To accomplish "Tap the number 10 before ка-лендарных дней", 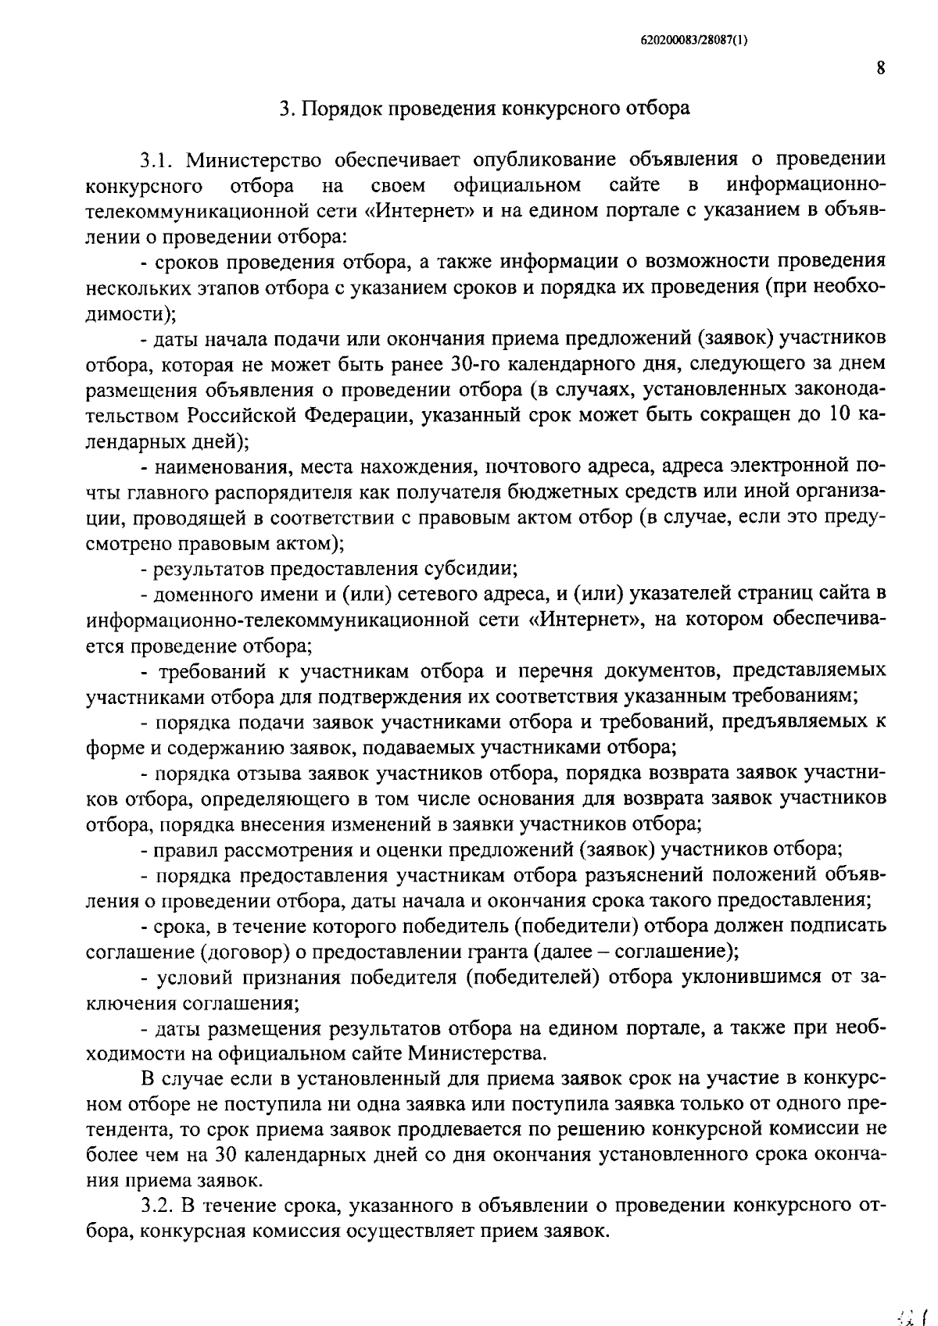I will point(837,415).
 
